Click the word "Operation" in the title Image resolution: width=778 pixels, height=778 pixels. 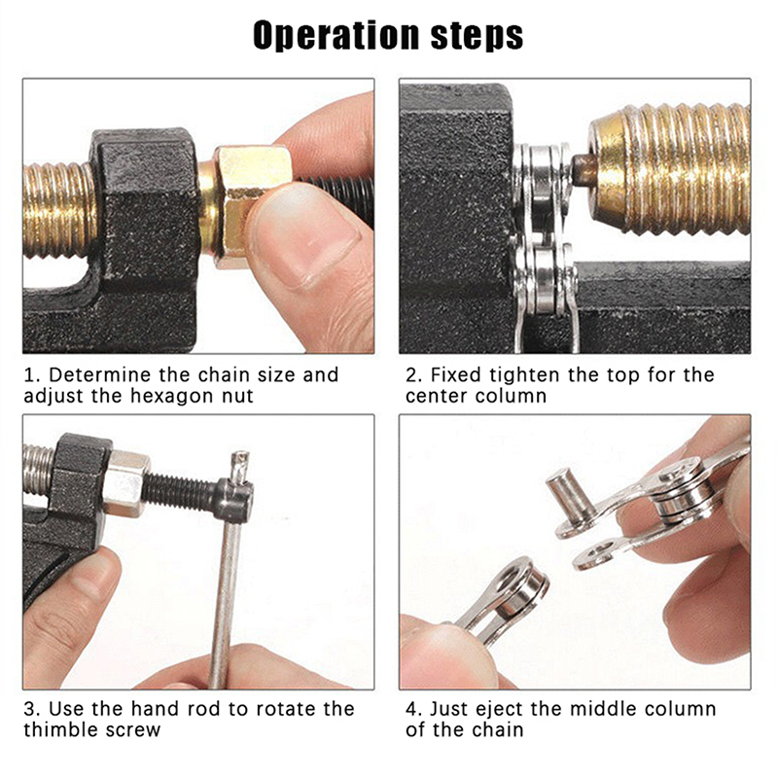[x=336, y=35]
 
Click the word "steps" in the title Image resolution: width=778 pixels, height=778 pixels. [x=477, y=35]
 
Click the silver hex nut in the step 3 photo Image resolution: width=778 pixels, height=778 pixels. [x=125, y=482]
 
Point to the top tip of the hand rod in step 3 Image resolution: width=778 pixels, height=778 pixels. [x=241, y=452]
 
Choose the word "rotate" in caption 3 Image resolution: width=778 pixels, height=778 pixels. [x=285, y=709]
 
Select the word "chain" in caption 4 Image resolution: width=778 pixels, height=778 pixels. [x=497, y=730]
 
